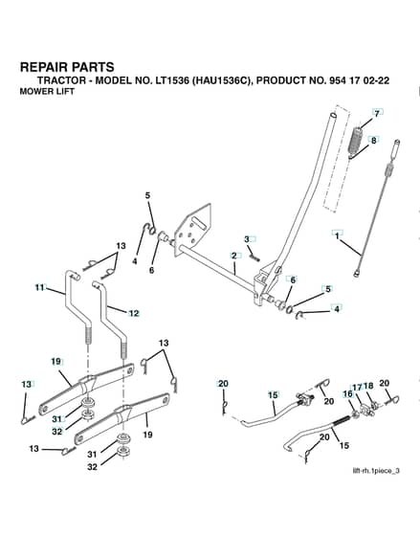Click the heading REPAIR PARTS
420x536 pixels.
pos(67,67)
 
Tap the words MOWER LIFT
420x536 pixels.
pos(47,92)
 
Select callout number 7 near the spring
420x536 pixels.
pos(377,113)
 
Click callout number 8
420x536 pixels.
pos(373,140)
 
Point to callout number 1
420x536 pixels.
pos(338,235)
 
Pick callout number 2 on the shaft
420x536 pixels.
pos(234,256)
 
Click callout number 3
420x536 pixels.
pos(247,239)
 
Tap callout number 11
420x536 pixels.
pos(39,287)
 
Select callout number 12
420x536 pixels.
pos(134,313)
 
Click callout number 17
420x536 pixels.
pos(357,388)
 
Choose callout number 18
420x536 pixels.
pos(368,387)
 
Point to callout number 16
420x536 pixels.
pos(347,393)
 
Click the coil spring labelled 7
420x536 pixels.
pos(354,141)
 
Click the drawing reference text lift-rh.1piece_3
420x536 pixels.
pos(376,471)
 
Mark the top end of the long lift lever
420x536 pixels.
pos(334,115)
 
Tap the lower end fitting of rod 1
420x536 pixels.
pos(357,273)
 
